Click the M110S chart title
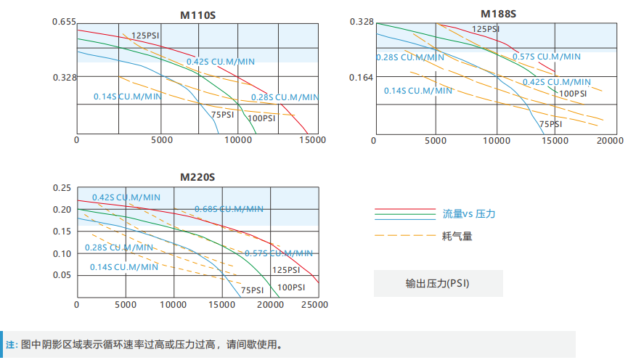pos(197,14)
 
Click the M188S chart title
pos(497,12)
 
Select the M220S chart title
pos(197,177)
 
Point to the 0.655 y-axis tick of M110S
pos(64,22)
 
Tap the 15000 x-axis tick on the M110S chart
pos(313,140)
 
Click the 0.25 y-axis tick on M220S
pos(62,188)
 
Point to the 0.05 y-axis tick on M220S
pos(62,275)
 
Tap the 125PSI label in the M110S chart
pos(146,35)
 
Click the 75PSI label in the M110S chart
pos(223,115)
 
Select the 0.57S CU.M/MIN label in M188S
pos(546,57)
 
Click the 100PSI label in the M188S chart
pos(573,93)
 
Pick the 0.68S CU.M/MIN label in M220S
pos(229,209)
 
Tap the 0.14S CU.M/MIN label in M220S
pos(123,267)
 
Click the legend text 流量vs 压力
pos(469,214)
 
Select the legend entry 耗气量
pos(457,236)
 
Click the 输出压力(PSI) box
pos(437,283)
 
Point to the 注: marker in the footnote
pos(12,345)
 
